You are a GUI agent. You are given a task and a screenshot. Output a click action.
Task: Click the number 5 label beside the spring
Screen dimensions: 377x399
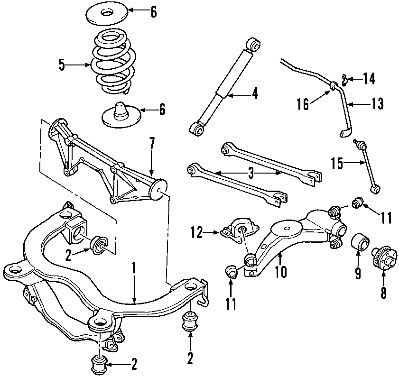[62, 65]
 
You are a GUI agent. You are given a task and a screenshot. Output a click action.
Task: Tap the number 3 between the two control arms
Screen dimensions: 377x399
[251, 174]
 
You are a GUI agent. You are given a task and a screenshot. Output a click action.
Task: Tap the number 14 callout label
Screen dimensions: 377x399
[368, 78]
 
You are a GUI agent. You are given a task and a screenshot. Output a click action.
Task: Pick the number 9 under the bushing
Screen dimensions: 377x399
[358, 273]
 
